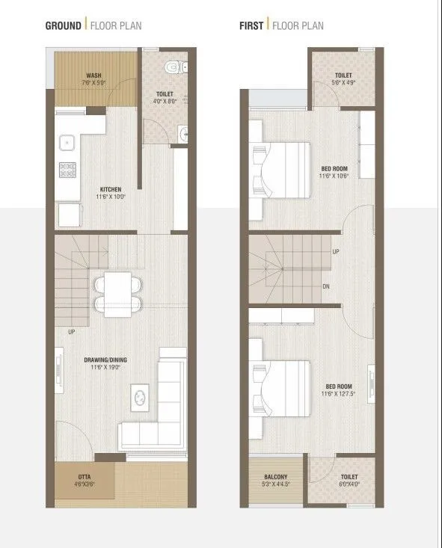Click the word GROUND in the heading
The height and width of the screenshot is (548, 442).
tap(63, 25)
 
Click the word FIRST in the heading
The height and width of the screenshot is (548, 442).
tap(251, 25)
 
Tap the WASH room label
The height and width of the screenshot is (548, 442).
tap(94, 76)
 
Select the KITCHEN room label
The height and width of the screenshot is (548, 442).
tap(110, 189)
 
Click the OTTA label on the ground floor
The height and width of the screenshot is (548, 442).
tap(85, 476)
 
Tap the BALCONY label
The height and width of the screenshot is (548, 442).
tap(275, 477)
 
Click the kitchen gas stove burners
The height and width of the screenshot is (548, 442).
tap(67, 169)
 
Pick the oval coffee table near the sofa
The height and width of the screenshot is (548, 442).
tap(140, 397)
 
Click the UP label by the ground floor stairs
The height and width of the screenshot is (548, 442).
tap(71, 331)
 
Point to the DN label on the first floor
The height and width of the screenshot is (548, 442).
tap(325, 286)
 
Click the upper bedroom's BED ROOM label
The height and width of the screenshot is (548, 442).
tap(334, 169)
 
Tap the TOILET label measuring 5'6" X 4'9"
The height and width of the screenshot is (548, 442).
tap(344, 76)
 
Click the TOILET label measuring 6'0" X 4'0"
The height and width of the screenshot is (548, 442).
tap(349, 477)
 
